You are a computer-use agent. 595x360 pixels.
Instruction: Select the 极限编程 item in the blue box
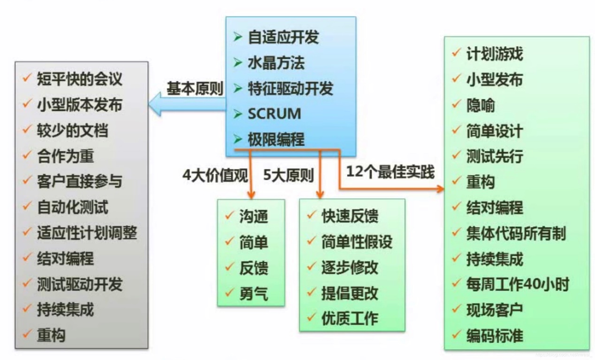(x=276, y=139)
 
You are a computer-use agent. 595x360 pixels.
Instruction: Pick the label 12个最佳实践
(x=390, y=172)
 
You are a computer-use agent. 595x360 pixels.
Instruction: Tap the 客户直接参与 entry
(x=79, y=181)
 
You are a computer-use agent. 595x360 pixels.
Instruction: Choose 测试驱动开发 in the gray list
(x=79, y=284)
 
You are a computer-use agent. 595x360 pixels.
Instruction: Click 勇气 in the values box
(x=253, y=294)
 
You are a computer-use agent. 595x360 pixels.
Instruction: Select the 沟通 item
(x=253, y=217)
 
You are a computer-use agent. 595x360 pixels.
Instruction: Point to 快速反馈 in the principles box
(x=350, y=216)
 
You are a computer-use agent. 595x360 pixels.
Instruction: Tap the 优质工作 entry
(x=350, y=319)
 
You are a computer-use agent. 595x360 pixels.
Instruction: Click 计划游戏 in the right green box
(x=494, y=54)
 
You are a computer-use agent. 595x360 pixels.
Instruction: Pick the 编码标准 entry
(x=494, y=336)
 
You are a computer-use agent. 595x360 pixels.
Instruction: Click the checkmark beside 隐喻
(x=456, y=104)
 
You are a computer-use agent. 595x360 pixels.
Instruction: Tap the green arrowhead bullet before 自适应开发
(x=238, y=37)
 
